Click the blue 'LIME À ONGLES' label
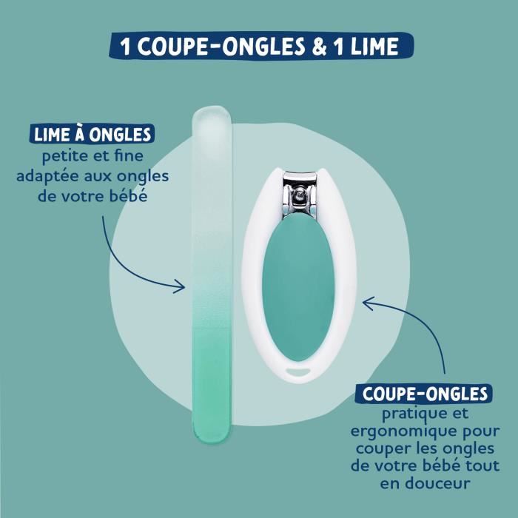coord(93,135)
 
